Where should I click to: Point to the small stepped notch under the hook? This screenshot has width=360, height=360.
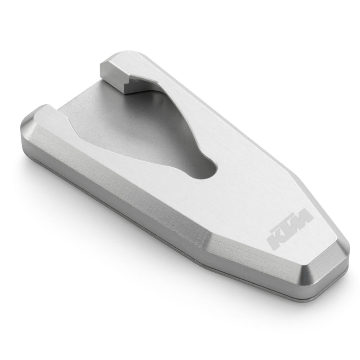(131, 85)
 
